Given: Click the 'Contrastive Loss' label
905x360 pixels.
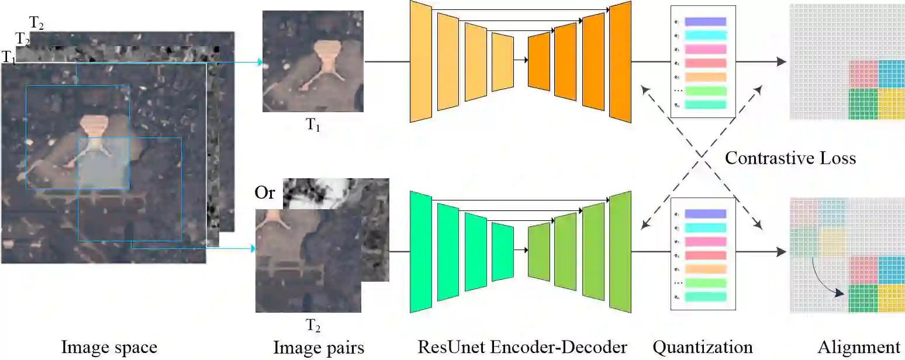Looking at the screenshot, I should coord(790,158).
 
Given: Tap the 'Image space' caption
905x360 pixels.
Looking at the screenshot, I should coord(109,347).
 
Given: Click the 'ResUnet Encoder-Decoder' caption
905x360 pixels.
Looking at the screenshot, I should coord(522,347).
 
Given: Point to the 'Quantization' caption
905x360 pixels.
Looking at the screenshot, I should coord(702,347).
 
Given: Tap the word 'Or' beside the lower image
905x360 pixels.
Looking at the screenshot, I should coord(265,192).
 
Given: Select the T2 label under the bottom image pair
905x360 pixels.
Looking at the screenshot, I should coord(313,325).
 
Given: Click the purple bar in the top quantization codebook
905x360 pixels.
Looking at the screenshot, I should coord(705,22).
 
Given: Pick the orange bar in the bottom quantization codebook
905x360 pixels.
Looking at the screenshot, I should coord(705,269).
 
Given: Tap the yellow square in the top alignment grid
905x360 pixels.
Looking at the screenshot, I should coord(892,104).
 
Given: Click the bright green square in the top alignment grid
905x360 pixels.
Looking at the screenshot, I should coord(863,104).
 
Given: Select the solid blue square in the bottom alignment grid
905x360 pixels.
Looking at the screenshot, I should coord(892,269).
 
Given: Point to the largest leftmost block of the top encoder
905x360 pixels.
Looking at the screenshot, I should coord(420,61).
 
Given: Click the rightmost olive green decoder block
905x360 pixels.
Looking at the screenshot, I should coord(620,251).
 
